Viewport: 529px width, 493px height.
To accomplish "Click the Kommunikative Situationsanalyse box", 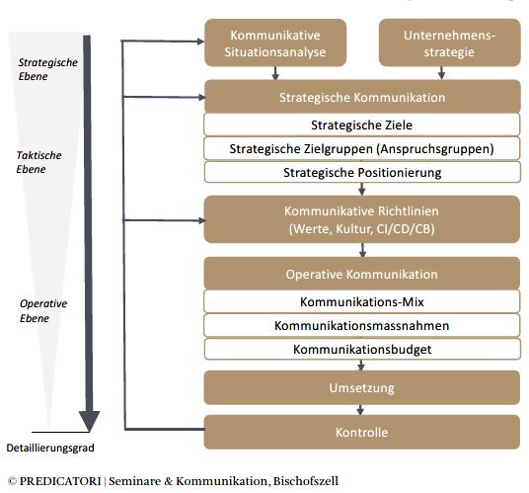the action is point(275,42).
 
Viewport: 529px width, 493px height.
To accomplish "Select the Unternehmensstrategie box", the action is point(450,42).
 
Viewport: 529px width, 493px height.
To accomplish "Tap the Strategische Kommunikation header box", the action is point(362,97).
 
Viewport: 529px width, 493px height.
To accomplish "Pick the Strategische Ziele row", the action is point(362,124).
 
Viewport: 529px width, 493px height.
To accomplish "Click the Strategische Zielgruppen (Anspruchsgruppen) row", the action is point(362,148).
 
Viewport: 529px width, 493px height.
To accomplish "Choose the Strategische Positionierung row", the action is point(362,172).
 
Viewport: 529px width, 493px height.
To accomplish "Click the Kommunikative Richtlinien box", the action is point(362,219).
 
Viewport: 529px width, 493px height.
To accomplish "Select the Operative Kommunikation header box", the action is point(362,274).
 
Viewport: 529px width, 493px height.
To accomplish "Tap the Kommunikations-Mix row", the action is point(362,301).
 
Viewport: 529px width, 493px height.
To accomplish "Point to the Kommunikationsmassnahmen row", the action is point(362,325).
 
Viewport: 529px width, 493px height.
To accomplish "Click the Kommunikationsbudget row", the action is point(362,349).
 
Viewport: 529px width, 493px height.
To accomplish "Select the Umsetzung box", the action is point(362,387).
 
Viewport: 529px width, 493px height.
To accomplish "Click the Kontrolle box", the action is point(362,432).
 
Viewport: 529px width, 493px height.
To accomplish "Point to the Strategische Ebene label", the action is point(48,69).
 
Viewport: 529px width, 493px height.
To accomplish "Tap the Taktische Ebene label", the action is point(38,162).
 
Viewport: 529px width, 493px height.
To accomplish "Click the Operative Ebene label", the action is point(43,310).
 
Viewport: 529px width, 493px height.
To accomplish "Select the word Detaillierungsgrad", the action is point(50,448).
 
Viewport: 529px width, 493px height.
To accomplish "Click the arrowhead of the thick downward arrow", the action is point(89,421).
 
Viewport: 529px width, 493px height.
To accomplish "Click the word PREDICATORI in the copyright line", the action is point(60,481).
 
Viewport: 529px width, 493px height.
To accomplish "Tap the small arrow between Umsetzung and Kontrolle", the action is point(360,410).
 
